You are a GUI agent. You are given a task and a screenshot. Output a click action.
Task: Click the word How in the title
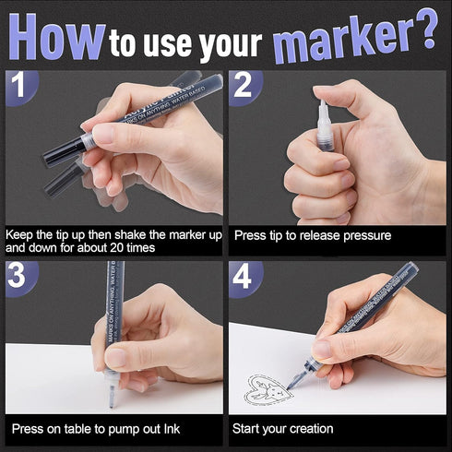[x=55, y=37]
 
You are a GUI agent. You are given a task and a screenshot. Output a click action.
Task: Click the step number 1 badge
[x=18, y=86]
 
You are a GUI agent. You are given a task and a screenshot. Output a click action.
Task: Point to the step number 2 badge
[x=244, y=86]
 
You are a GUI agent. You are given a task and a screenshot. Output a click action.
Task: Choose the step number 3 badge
[x=18, y=278]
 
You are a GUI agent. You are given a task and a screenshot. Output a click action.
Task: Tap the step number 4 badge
[x=244, y=278]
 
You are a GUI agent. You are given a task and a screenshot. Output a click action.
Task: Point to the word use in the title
[x=167, y=42]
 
